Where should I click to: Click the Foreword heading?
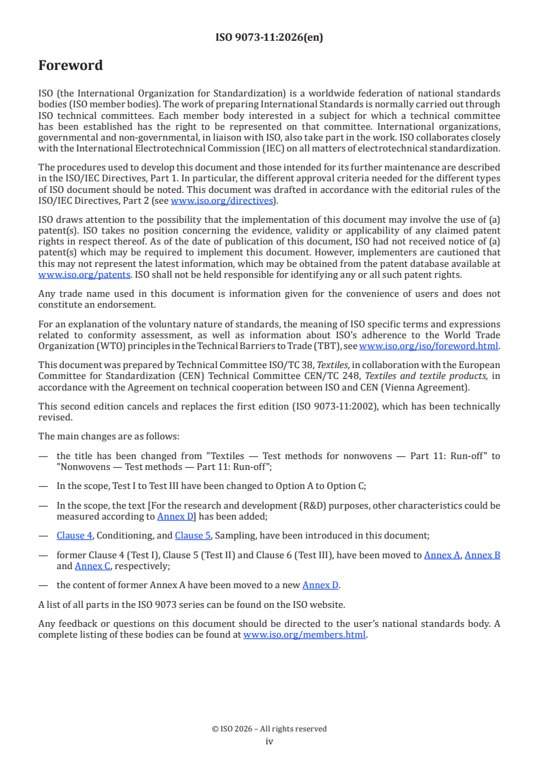[71, 66]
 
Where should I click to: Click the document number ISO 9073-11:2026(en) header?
[269, 38]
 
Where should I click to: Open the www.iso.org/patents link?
[66, 274]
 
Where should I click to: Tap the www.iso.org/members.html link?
[305, 635]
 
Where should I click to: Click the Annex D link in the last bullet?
[319, 585]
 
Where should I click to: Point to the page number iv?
[269, 741]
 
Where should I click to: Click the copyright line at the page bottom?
[269, 729]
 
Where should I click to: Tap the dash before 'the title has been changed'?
[43, 456]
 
